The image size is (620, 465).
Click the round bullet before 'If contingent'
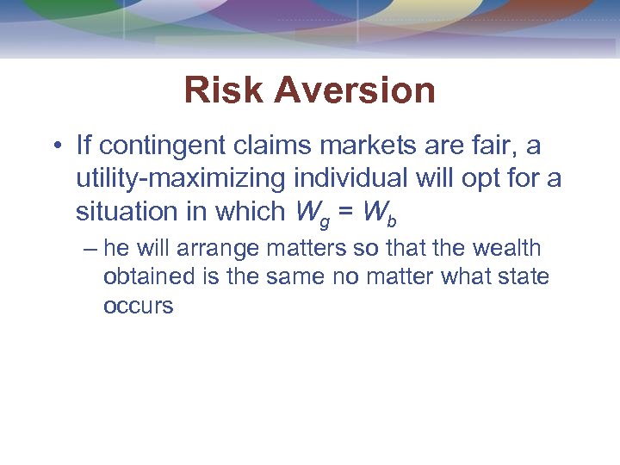click(56, 147)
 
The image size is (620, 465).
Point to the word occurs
click(138, 307)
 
